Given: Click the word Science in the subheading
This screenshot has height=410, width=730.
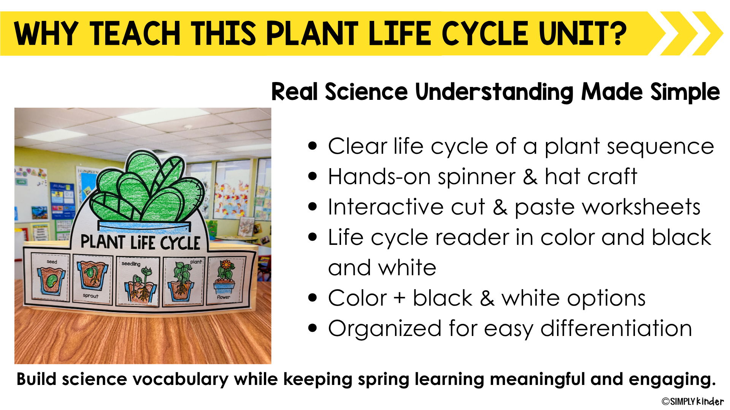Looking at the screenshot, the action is (366, 92).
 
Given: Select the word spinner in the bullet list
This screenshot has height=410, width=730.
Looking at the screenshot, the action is (477, 177).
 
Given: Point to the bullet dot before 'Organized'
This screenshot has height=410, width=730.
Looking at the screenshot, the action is (313, 328).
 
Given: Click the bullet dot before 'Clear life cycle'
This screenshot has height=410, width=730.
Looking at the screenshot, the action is (313, 146).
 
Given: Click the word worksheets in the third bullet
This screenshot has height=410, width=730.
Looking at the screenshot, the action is (607, 207).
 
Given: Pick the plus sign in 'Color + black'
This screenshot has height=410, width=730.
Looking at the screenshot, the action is (399, 298).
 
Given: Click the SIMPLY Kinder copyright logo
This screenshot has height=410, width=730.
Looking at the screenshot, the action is (693, 401).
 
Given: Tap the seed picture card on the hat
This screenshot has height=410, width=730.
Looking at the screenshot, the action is (51, 278).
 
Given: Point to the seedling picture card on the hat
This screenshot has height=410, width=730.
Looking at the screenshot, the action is (138, 281).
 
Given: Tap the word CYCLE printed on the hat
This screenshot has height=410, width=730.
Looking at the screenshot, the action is (180, 243).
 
